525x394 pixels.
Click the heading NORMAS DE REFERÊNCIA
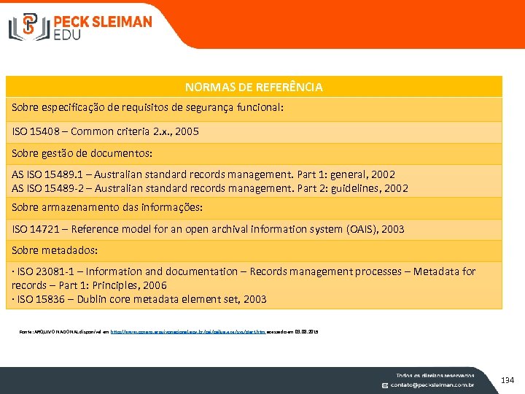[254, 87]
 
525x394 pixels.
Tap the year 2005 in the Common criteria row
[185, 132]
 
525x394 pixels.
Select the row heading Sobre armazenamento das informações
[107, 207]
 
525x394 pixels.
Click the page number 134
[507, 379]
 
